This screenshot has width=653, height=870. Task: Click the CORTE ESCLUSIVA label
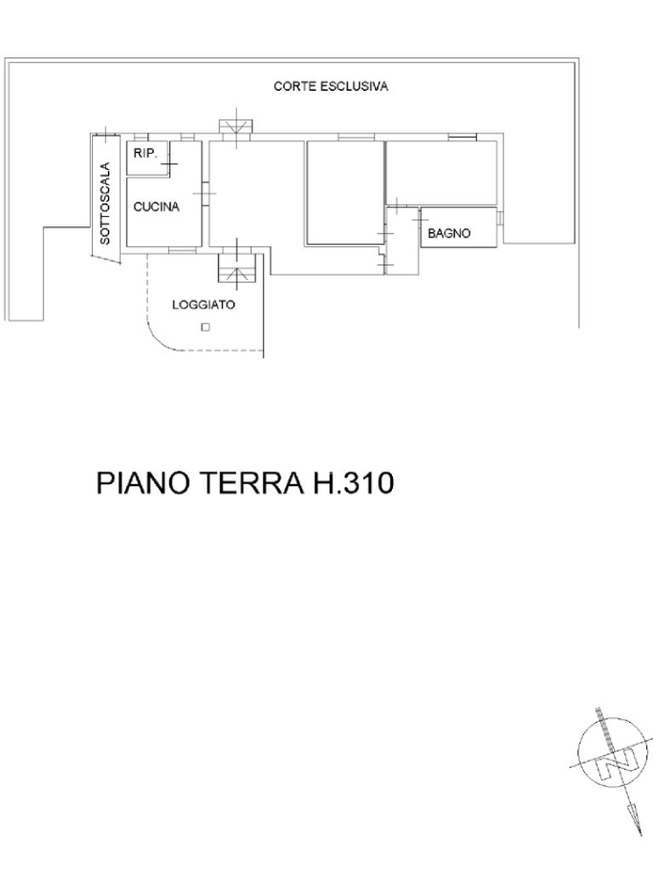(331, 87)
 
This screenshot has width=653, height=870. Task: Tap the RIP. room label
(145, 153)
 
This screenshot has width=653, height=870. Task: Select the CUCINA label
(156, 207)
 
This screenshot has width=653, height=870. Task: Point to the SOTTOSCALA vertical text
(105, 203)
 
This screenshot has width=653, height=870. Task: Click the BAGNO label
(449, 234)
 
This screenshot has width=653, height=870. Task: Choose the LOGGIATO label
(203, 305)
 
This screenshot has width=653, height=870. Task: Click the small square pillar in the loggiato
(206, 327)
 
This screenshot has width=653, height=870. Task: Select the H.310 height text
(354, 483)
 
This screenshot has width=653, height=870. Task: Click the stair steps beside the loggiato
(237, 268)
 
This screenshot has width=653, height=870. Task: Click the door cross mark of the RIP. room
(169, 164)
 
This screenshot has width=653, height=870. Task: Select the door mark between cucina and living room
(204, 193)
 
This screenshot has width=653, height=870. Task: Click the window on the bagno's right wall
(500, 218)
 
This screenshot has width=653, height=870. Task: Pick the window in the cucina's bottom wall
(182, 251)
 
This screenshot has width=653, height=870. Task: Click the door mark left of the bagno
(420, 220)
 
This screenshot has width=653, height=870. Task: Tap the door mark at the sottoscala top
(105, 134)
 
